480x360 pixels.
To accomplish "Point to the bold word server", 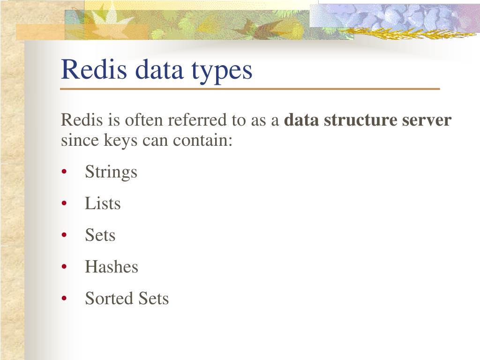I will pyautogui.click(x=427, y=120).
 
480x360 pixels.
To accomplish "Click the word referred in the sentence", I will pyautogui.click(x=198, y=120).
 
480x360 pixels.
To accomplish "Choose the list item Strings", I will pyautogui.click(x=111, y=172).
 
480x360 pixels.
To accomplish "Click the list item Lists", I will pyautogui.click(x=103, y=203).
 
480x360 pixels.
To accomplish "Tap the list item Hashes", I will pyautogui.click(x=112, y=267).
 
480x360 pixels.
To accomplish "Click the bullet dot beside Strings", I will pyautogui.click(x=64, y=172).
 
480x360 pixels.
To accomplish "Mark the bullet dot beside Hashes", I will pyautogui.click(x=64, y=267).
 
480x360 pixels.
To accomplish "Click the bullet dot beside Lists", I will pyautogui.click(x=64, y=204).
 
